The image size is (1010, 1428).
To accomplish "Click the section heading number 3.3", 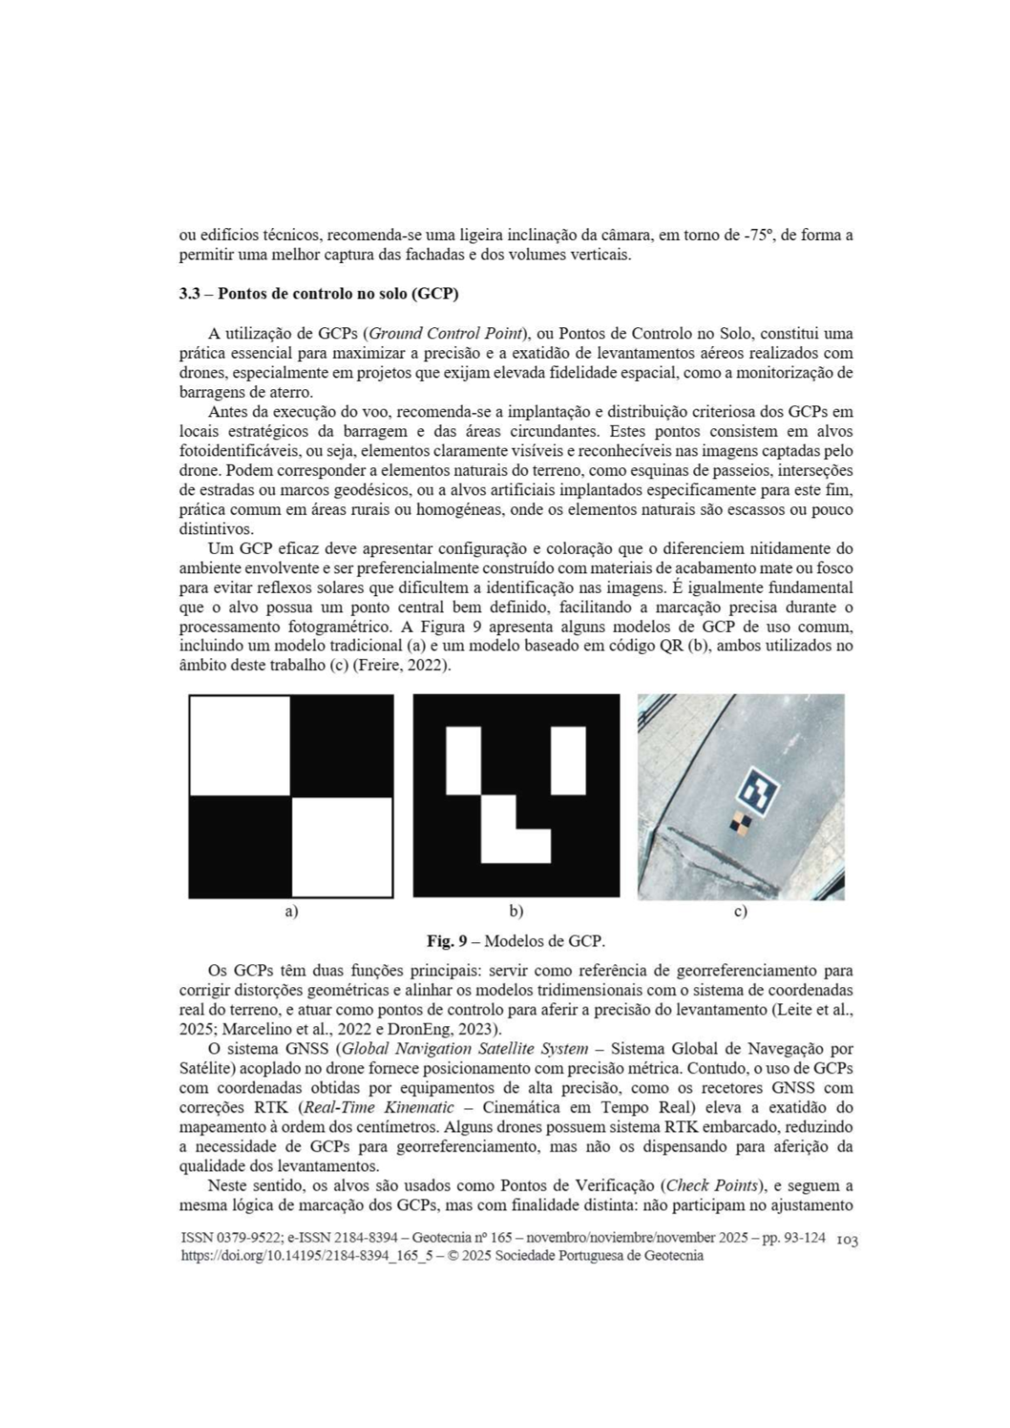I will (x=188, y=294).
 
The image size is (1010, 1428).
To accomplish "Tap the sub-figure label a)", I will (x=291, y=912).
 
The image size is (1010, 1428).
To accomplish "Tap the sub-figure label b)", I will (x=516, y=912).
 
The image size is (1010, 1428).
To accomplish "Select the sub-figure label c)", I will (x=740, y=912).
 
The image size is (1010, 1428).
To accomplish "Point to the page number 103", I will (x=847, y=1240).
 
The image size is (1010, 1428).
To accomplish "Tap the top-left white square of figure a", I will (x=240, y=745).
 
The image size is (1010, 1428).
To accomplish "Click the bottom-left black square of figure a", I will (x=240, y=846).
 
